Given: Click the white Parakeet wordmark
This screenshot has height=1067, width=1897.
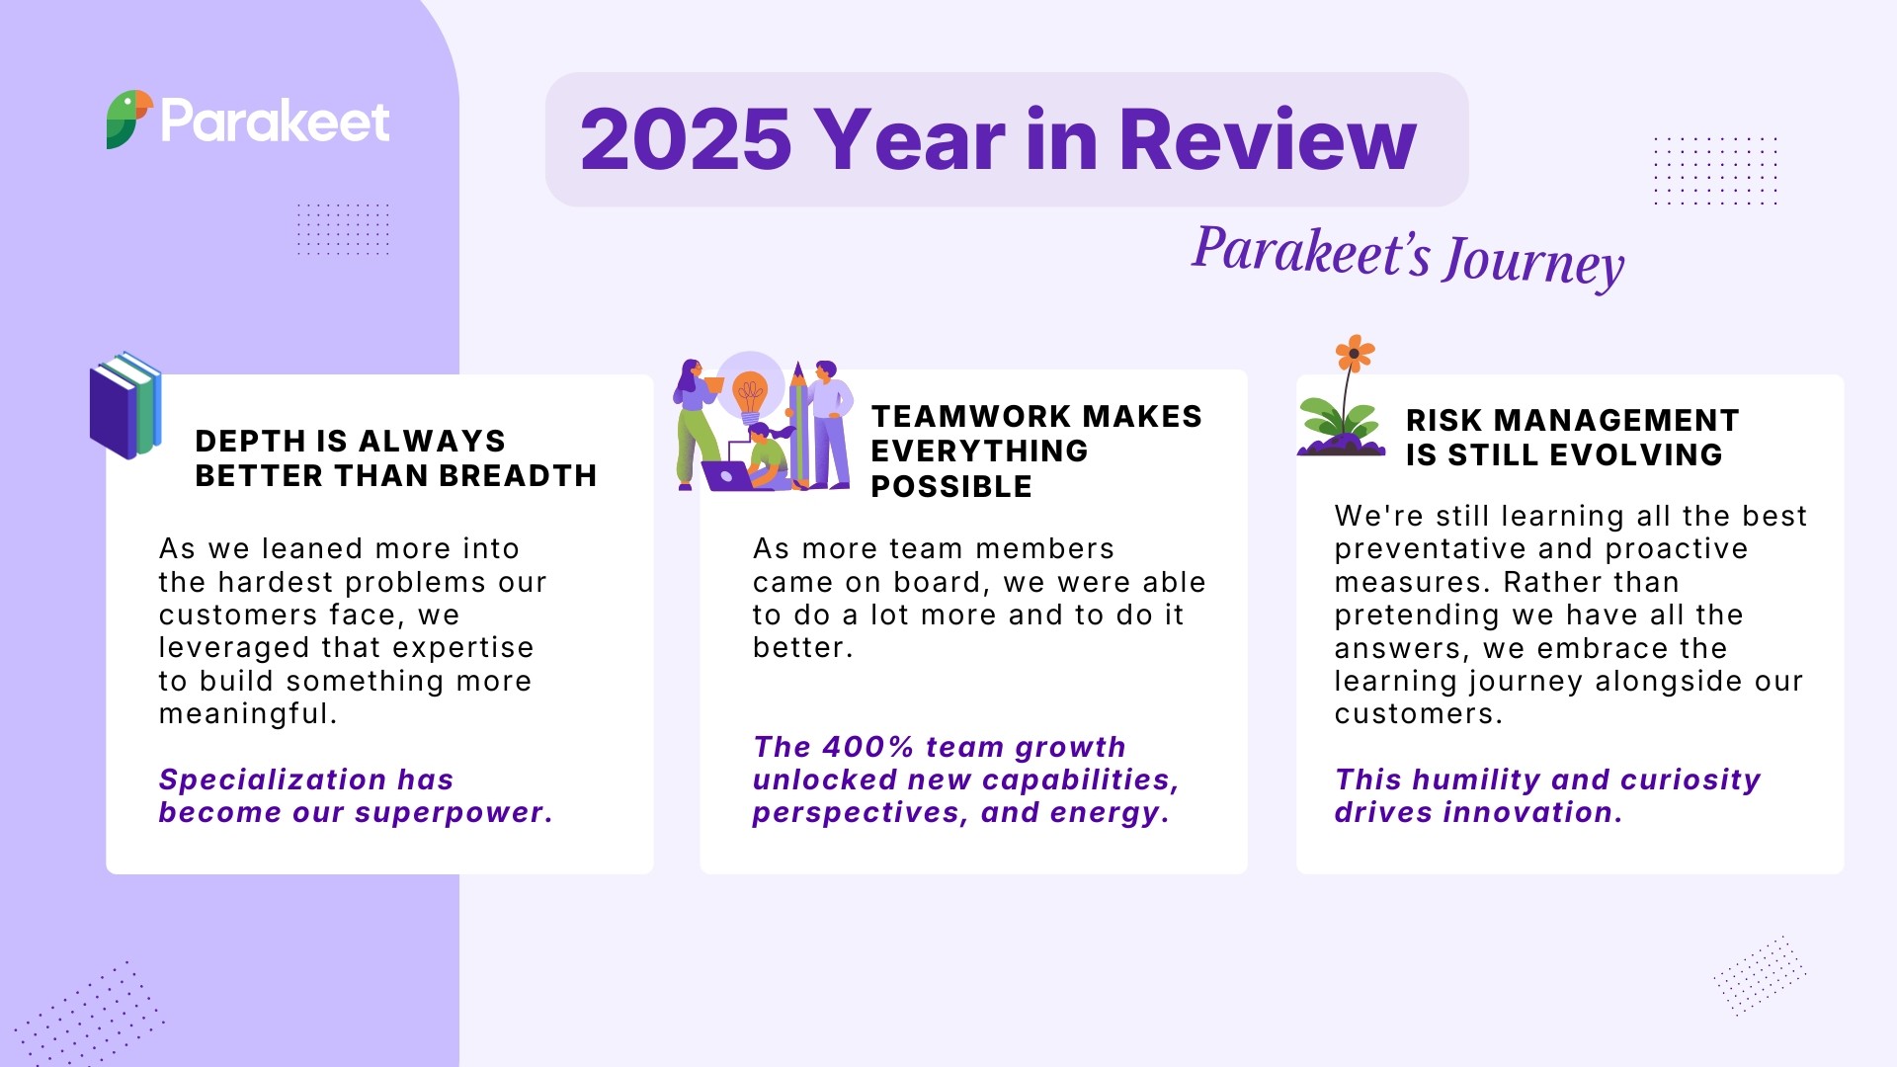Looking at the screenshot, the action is tap(276, 122).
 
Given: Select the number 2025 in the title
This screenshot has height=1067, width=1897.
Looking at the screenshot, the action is tap(686, 139).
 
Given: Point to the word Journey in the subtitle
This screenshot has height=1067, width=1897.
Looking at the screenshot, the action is tap(1533, 262).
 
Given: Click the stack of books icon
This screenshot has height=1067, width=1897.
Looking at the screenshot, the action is tap(125, 405).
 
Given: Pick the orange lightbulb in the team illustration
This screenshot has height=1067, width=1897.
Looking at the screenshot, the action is tap(750, 394).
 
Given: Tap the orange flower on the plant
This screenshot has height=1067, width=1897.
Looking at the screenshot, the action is tap(1355, 353).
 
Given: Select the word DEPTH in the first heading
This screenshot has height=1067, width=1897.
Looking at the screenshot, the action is tap(251, 441).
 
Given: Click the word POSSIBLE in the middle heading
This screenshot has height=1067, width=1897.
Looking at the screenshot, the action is tap(951, 487).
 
